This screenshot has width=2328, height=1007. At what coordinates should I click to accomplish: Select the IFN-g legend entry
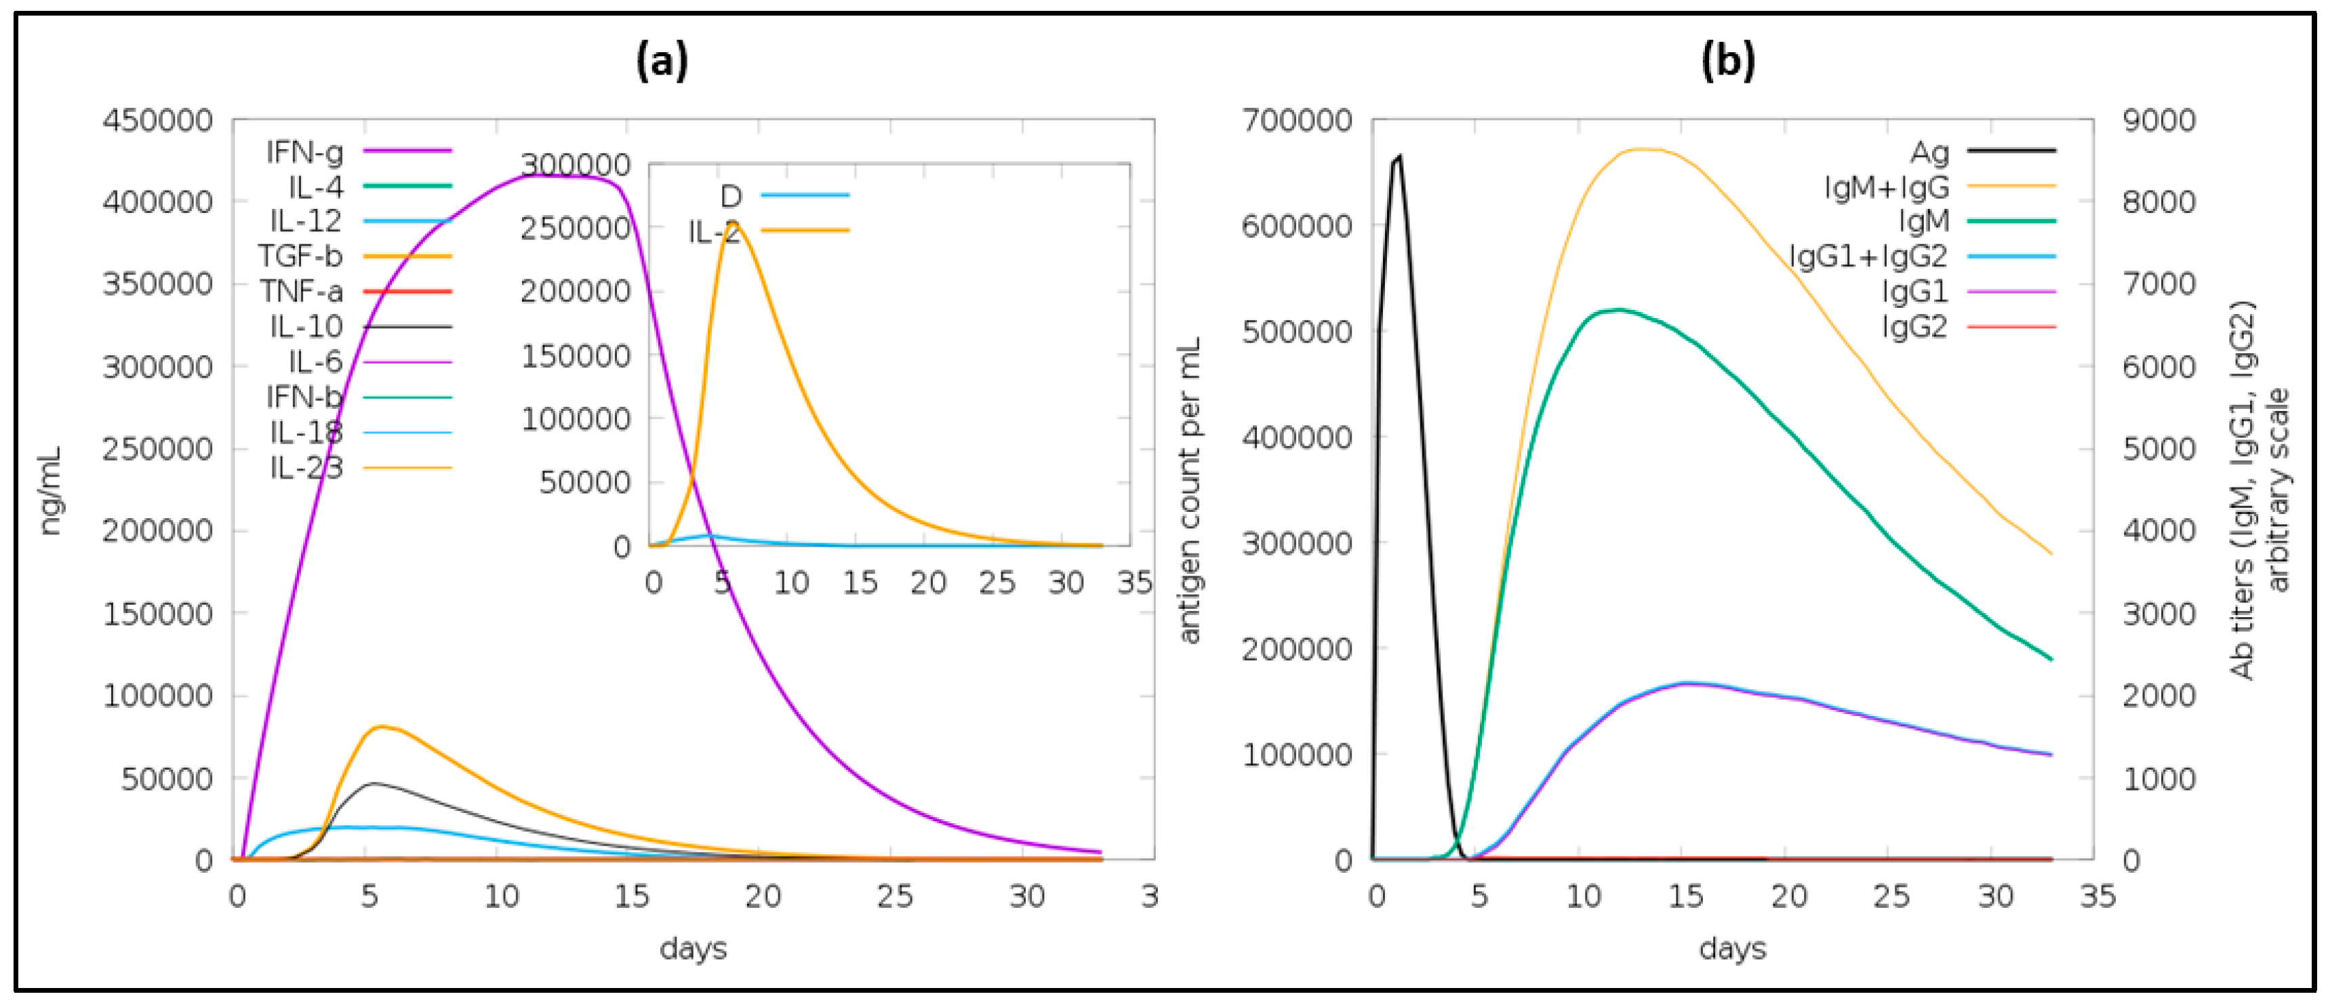[x=306, y=152]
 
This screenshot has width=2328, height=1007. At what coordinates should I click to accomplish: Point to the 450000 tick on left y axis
[x=157, y=120]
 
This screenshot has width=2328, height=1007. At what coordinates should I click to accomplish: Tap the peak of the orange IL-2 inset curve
[x=732, y=222]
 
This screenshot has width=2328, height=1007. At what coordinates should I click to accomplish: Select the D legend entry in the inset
[x=731, y=195]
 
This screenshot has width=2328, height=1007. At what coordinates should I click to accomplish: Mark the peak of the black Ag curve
[x=1399, y=157]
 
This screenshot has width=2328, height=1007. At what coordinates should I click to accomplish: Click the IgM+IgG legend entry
[x=1887, y=187]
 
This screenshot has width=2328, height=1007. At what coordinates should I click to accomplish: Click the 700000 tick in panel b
[x=1297, y=120]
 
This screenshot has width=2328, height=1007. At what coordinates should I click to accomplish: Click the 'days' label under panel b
[x=1731, y=948]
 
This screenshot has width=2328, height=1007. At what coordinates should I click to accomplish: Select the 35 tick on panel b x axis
[x=2097, y=896]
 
